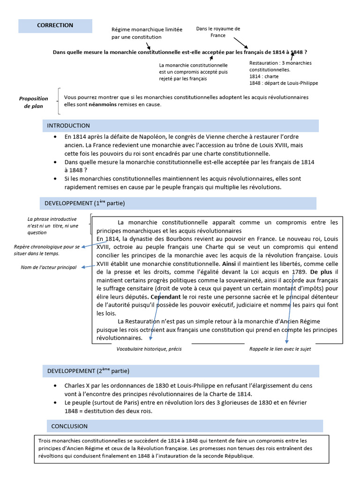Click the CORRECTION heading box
point(55,25)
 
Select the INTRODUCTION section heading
point(68,126)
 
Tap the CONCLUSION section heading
point(69,426)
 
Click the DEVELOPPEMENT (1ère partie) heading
point(84,203)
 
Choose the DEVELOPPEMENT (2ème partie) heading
point(88,371)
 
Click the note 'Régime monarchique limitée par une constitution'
point(147,33)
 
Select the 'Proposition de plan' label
point(33,102)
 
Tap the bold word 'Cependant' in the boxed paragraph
point(165,297)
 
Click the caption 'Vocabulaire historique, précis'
point(149,349)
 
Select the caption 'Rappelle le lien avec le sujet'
point(280,349)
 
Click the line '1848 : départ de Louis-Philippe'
point(283,83)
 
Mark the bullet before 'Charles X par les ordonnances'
point(55,386)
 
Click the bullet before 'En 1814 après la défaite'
point(55,136)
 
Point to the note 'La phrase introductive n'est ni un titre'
point(52,225)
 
